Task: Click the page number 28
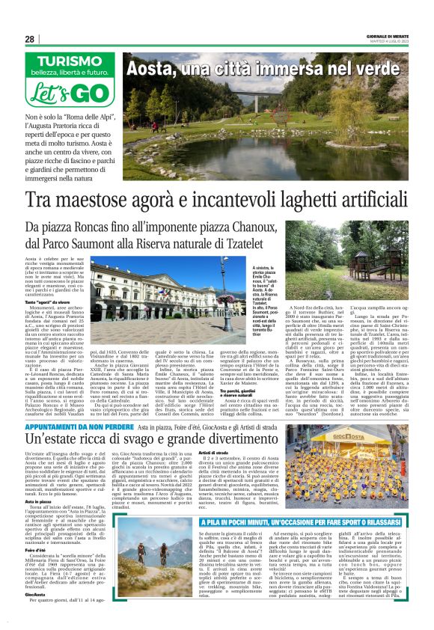click(x=30, y=39)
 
